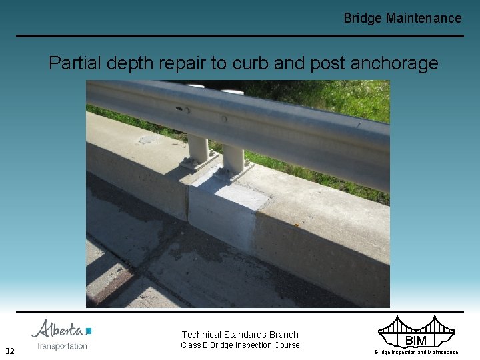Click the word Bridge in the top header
click(x=363, y=18)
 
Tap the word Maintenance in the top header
click(x=423, y=18)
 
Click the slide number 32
click(x=10, y=351)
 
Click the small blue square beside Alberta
click(x=89, y=331)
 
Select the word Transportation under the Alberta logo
click(x=62, y=346)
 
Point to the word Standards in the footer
click(x=253, y=335)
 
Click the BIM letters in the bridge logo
click(x=416, y=341)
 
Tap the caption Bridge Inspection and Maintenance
click(x=416, y=352)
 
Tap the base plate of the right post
click(x=234, y=173)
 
